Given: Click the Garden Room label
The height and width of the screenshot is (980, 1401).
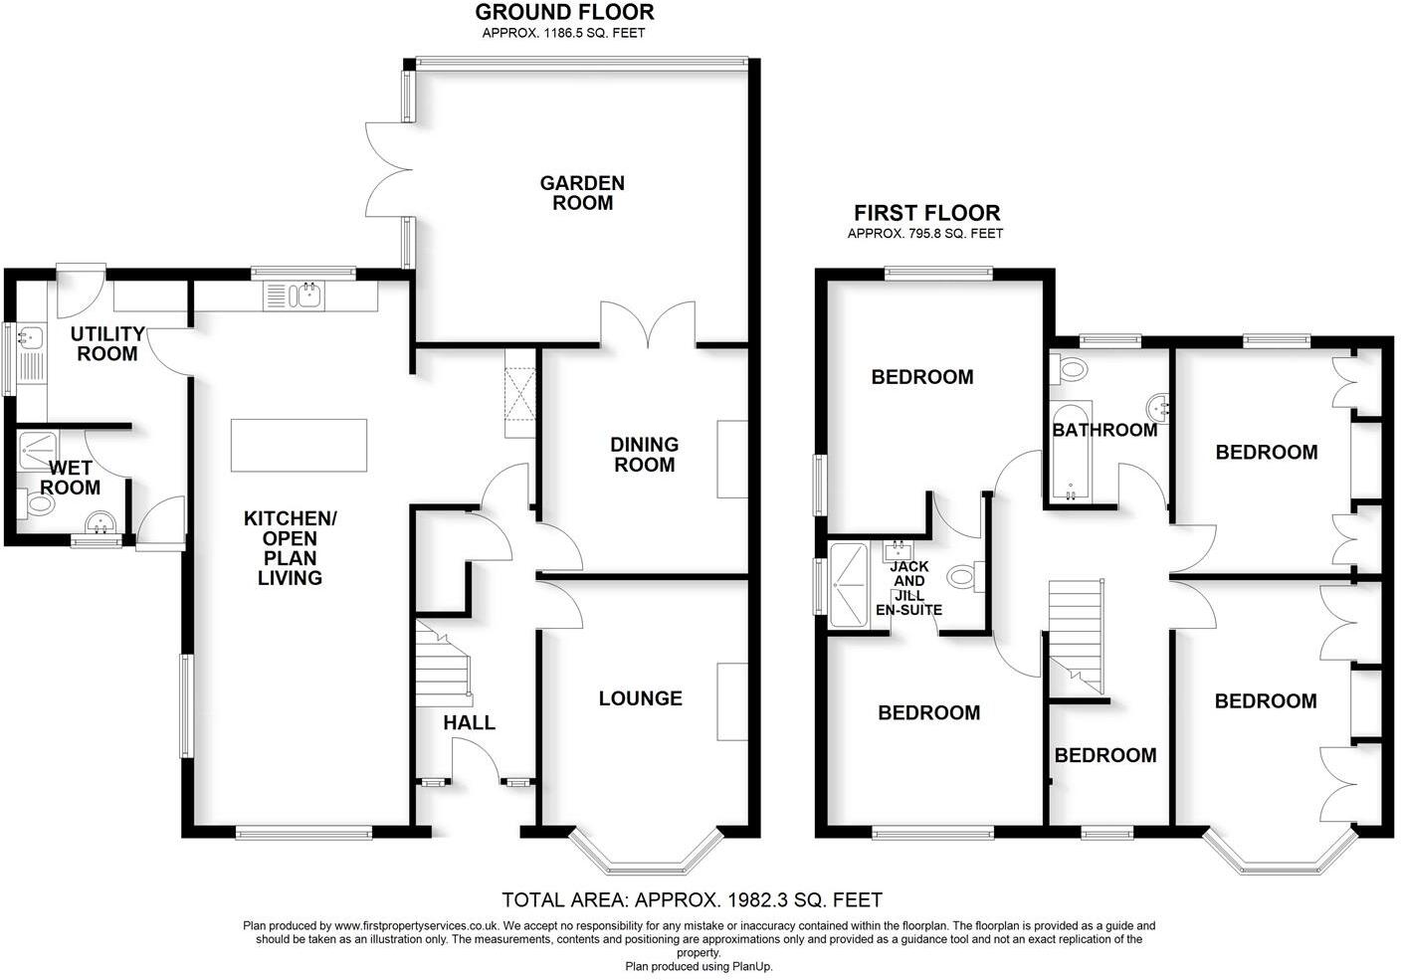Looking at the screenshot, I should [582, 193].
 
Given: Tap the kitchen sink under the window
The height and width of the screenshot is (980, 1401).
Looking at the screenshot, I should [295, 295].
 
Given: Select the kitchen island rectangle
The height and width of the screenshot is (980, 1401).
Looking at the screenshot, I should [299, 445].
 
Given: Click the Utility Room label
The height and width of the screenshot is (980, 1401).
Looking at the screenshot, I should [107, 343].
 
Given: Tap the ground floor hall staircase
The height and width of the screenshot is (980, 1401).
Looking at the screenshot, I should [443, 663].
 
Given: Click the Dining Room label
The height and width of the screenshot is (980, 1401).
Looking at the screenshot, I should [645, 455].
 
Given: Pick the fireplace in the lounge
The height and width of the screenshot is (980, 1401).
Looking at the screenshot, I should [732, 702].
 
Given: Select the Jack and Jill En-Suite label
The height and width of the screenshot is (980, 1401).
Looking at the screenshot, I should [908, 588].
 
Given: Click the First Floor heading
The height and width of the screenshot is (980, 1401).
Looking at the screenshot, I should [926, 213].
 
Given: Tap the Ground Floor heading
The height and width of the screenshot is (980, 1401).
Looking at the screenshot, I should [564, 13].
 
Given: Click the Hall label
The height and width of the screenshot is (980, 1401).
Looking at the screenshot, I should [469, 722].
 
